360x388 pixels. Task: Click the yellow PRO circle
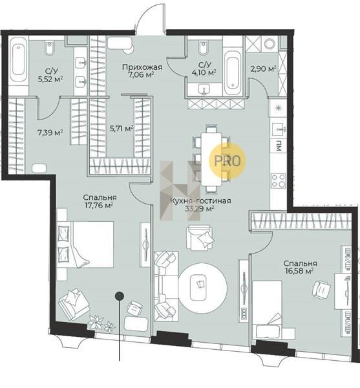[x=228, y=161]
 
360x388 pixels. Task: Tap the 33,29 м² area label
[x=200, y=209]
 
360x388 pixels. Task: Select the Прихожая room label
[x=142, y=67]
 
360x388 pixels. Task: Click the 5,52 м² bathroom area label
[x=50, y=79]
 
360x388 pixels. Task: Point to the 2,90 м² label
[x=263, y=69]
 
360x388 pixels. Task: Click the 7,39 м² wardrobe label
[x=50, y=133]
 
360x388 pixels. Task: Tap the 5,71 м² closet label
[x=122, y=129]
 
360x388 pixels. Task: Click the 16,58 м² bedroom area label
[x=299, y=271]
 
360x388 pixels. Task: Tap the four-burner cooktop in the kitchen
[x=279, y=180]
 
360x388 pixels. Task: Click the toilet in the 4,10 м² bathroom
[x=203, y=48]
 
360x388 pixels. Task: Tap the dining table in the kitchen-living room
[x=211, y=159]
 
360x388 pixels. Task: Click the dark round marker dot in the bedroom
[x=120, y=296]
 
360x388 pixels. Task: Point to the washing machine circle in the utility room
[x=270, y=44]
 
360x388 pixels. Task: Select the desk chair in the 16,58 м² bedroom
[x=321, y=288]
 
